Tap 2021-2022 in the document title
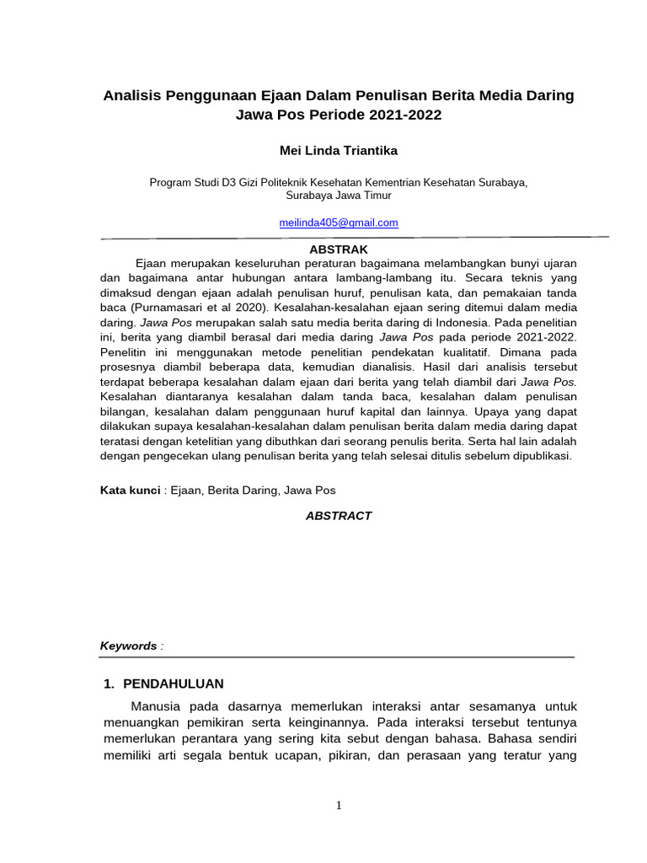point(402,115)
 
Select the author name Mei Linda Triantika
point(338,151)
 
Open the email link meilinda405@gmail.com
point(338,222)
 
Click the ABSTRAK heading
point(339,249)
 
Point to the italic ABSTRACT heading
point(338,516)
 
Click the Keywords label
point(128,646)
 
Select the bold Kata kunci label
point(130,490)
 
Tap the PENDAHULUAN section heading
point(174,683)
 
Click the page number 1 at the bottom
point(339,806)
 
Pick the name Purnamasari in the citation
point(168,308)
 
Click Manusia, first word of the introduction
point(154,705)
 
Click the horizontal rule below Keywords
point(337,657)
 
